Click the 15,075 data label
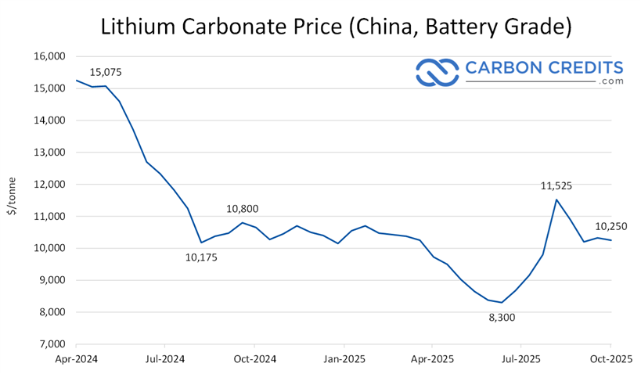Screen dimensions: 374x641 (106, 73)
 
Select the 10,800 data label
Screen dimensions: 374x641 (243, 209)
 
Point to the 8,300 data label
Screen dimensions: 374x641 (502, 318)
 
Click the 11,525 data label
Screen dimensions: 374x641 (556, 186)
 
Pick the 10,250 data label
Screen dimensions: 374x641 (610, 226)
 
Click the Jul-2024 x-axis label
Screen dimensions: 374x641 (164, 360)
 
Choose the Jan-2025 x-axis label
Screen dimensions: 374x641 (344, 360)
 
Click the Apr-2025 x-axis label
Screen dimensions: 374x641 (433, 360)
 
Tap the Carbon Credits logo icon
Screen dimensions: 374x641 (437, 71)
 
